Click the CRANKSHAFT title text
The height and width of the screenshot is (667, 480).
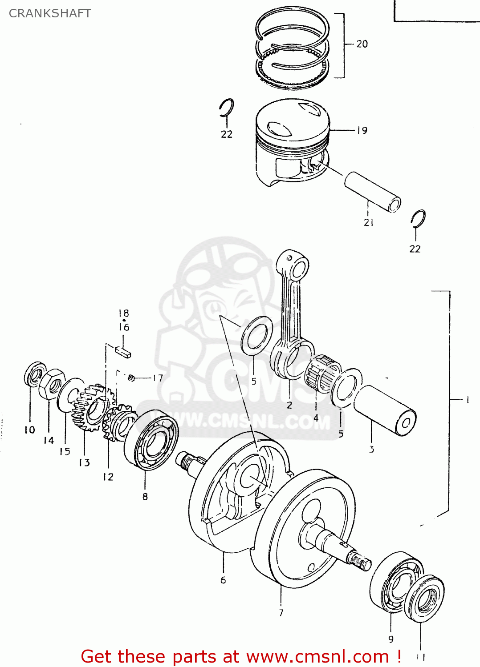click(x=50, y=13)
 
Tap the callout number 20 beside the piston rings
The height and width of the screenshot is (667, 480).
click(x=362, y=44)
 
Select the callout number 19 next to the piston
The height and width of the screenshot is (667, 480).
click(x=362, y=130)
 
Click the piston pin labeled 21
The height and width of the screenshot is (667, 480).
click(x=372, y=192)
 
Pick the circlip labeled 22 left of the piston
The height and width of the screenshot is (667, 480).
click(x=227, y=108)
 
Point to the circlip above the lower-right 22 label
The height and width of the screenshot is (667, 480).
click(x=418, y=218)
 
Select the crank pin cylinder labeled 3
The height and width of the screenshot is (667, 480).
click(x=385, y=409)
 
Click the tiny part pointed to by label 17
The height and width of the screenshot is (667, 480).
click(x=131, y=378)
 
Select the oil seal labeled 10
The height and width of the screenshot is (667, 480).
click(x=35, y=375)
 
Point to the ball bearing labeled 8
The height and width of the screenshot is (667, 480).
click(x=151, y=440)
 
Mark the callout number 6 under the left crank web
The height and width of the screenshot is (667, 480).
click(x=223, y=580)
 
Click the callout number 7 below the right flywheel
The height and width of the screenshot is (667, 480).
click(x=281, y=613)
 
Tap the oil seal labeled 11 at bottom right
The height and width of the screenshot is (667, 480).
click(x=426, y=599)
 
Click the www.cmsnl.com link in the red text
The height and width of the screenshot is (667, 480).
click(x=317, y=656)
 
